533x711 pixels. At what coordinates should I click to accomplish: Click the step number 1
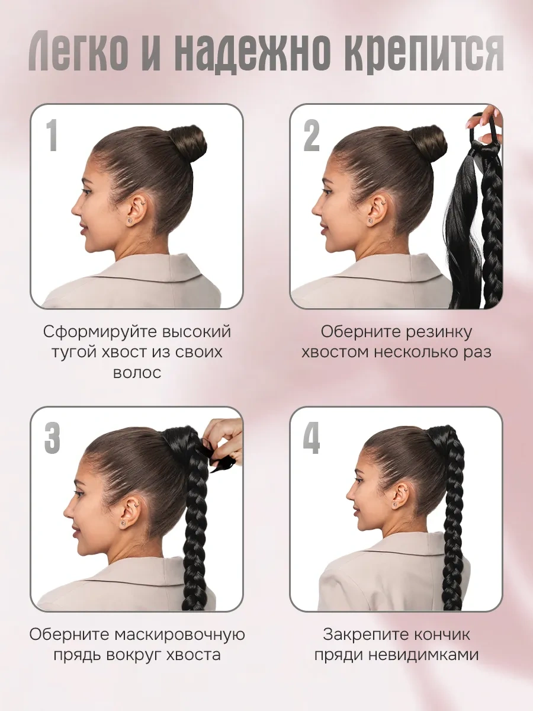tap(52, 135)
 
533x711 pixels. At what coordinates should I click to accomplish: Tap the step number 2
tap(312, 135)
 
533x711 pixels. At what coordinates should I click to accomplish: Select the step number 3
tap(52, 438)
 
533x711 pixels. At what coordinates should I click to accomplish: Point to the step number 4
tap(312, 438)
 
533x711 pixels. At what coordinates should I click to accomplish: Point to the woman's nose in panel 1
tap(75, 207)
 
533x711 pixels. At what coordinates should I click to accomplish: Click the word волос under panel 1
tap(136, 373)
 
